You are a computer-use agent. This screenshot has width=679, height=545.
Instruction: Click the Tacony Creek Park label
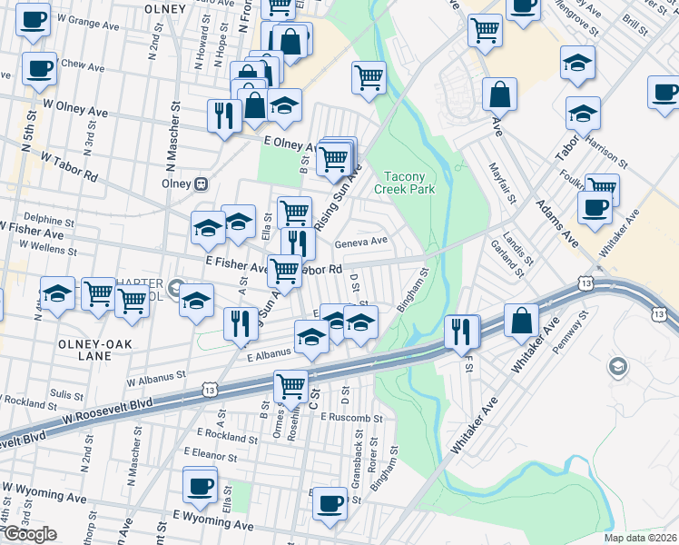(x=404, y=183)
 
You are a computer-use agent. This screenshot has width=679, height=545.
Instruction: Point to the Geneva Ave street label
(x=361, y=242)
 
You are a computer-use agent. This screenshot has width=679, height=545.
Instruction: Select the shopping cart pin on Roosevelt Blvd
(x=290, y=387)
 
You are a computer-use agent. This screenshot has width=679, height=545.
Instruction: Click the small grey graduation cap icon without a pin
(x=617, y=367)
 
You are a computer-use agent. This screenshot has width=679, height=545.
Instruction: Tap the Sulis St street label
(x=67, y=394)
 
